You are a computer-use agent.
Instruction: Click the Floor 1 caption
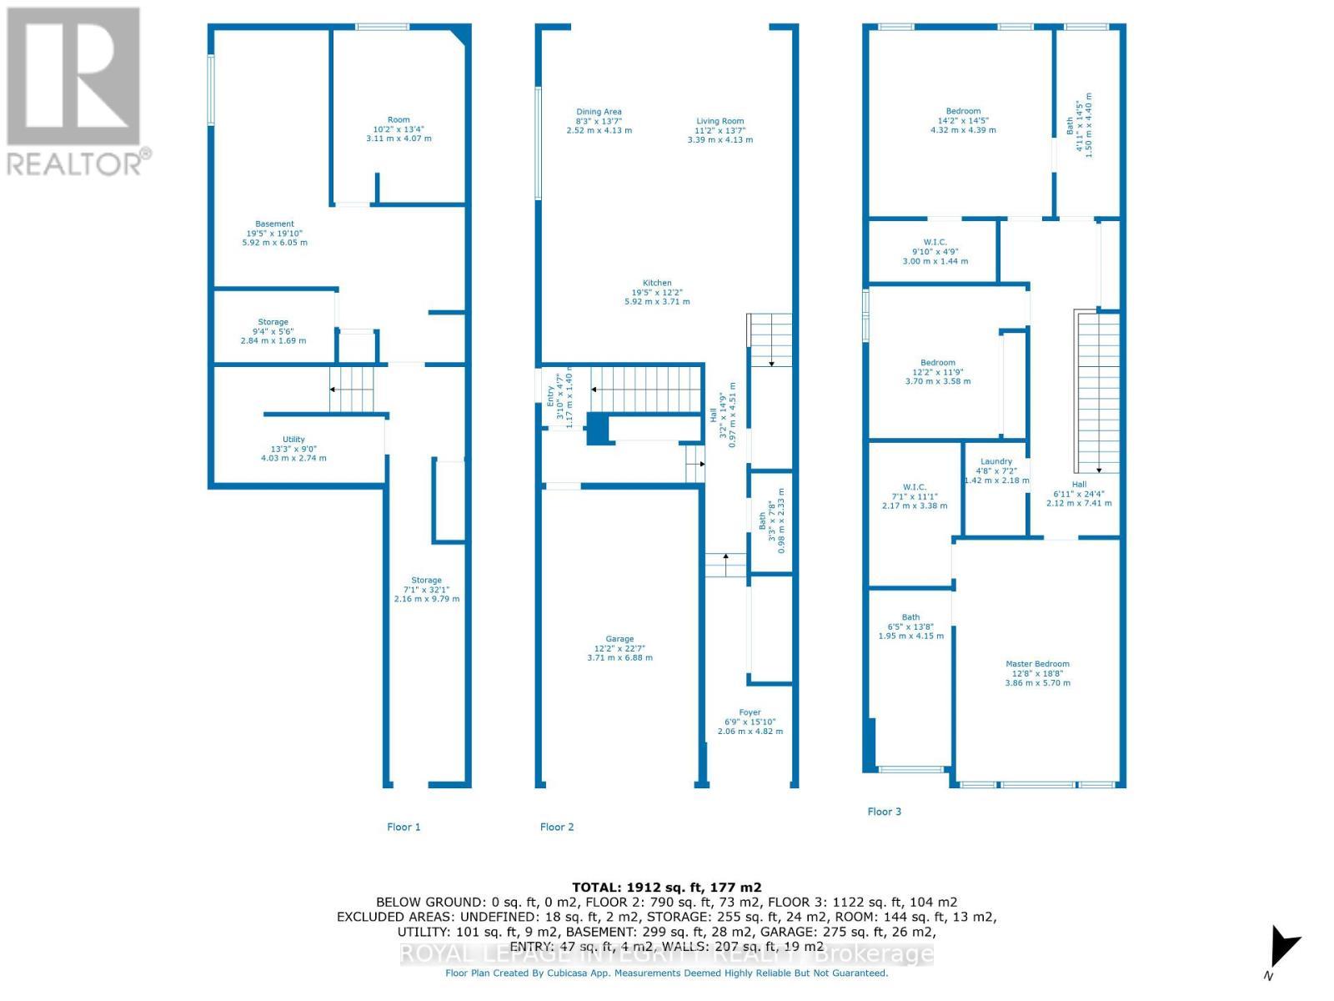404,827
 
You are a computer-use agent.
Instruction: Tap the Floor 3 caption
884,811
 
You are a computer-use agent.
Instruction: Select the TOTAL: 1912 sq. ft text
666,888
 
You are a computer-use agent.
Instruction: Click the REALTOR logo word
79,162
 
